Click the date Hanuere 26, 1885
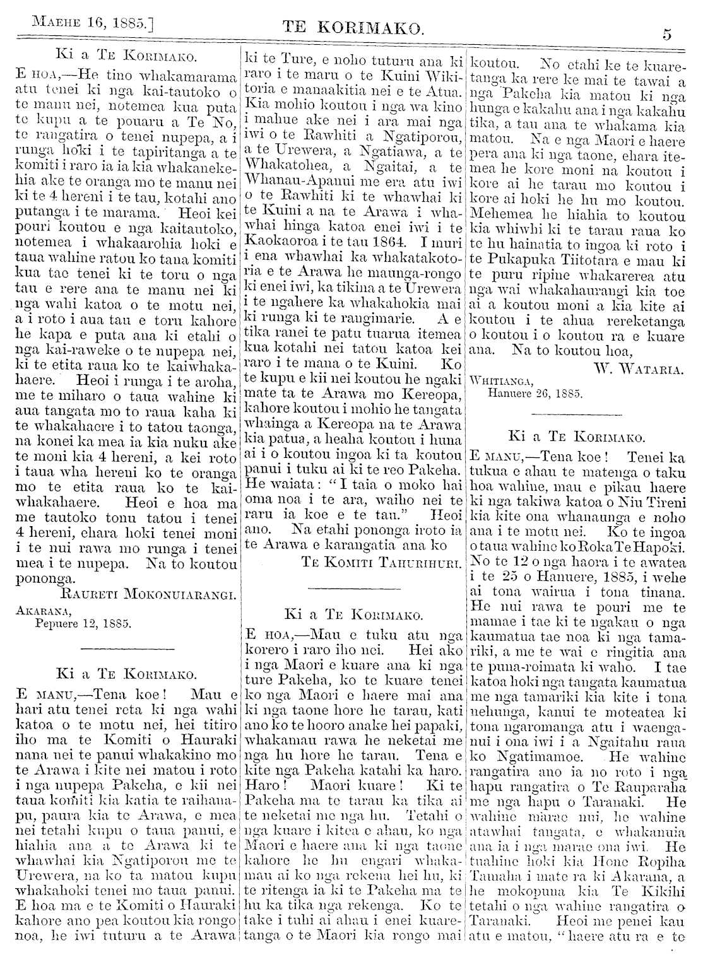coord(536,393)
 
